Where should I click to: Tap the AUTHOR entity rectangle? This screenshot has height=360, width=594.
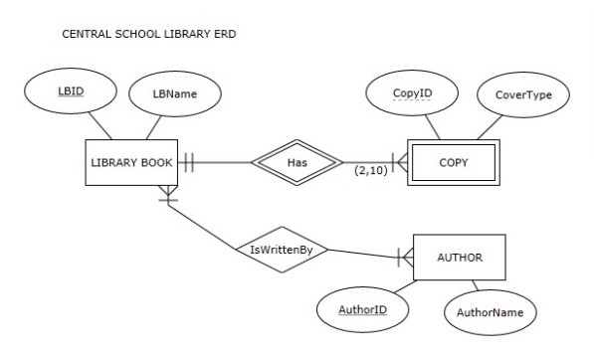coord(460,258)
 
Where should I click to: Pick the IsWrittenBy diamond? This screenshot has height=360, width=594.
coord(282,250)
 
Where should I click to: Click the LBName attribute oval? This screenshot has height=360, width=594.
coord(175,94)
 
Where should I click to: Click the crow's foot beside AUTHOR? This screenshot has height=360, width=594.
coord(404,257)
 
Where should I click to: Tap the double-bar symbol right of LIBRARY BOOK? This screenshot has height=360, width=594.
coord(187,162)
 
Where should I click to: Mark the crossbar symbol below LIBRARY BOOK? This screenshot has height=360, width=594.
coord(170,199)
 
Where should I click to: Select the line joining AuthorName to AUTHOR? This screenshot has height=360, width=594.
coord(477,287)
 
